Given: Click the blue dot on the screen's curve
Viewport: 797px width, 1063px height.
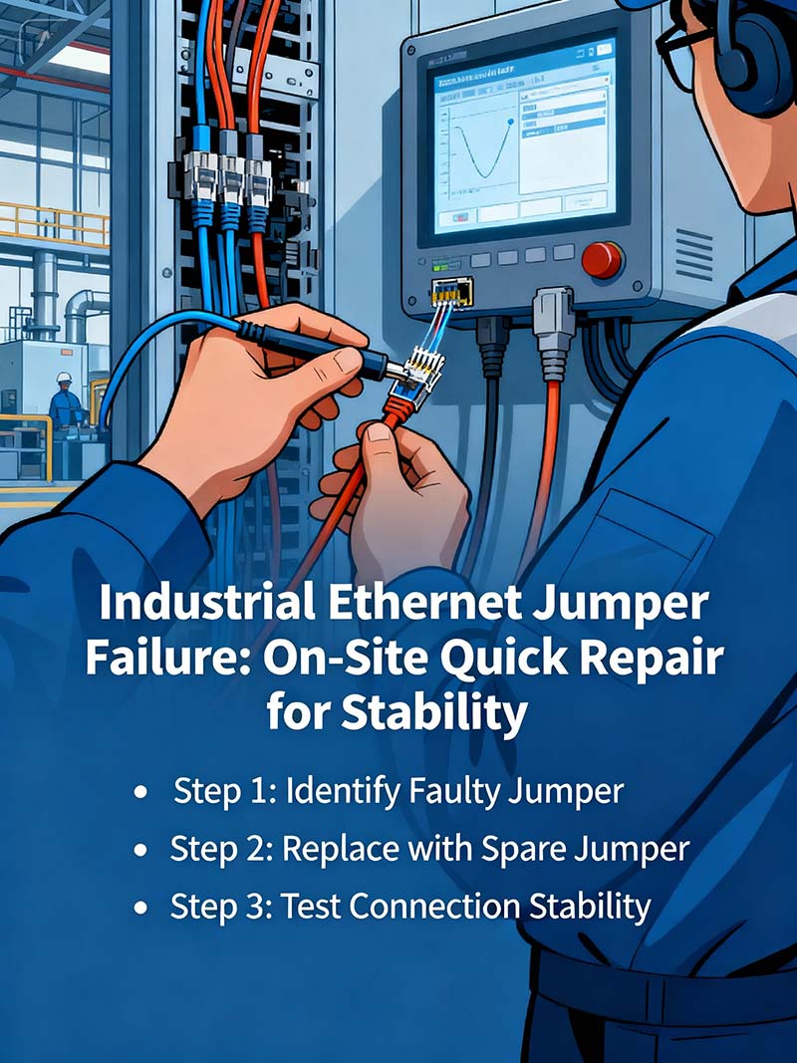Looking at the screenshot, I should (x=511, y=121).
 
